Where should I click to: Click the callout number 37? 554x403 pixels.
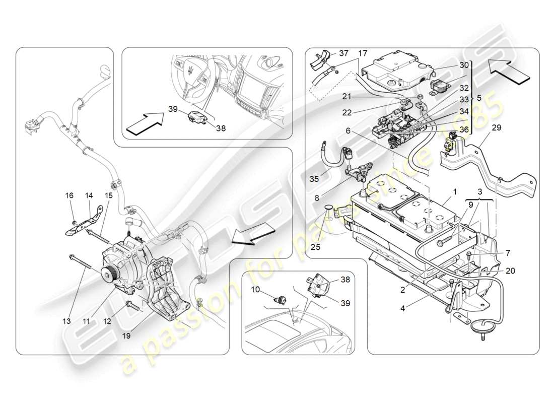[343, 53]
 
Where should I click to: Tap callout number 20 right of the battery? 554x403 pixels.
[510, 271]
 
